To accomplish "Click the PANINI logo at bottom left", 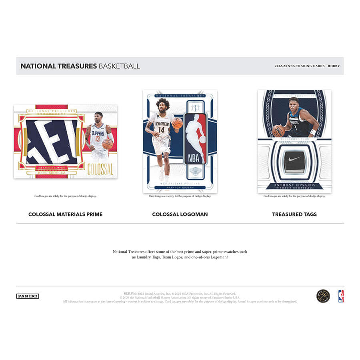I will pyautogui.click(x=28, y=296).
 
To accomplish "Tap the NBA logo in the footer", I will pyautogui.click(x=341, y=296).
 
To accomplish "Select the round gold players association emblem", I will pyautogui.click(x=323, y=296).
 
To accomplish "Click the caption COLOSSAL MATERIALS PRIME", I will pyautogui.click(x=65, y=214).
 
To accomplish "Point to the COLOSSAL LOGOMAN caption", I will pyautogui.click(x=180, y=214).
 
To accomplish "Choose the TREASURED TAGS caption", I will pyautogui.click(x=294, y=214).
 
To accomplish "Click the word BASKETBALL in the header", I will pyautogui.click(x=119, y=66).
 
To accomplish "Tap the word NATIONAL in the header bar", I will pyautogui.click(x=38, y=66).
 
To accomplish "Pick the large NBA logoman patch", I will pyautogui.click(x=195, y=138).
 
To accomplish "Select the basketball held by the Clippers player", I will pyautogui.click(x=108, y=144).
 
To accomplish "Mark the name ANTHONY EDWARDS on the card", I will pyautogui.click(x=294, y=185).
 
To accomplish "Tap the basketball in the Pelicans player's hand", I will pyautogui.click(x=177, y=123).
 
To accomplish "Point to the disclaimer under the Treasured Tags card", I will pyautogui.click(x=294, y=196).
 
